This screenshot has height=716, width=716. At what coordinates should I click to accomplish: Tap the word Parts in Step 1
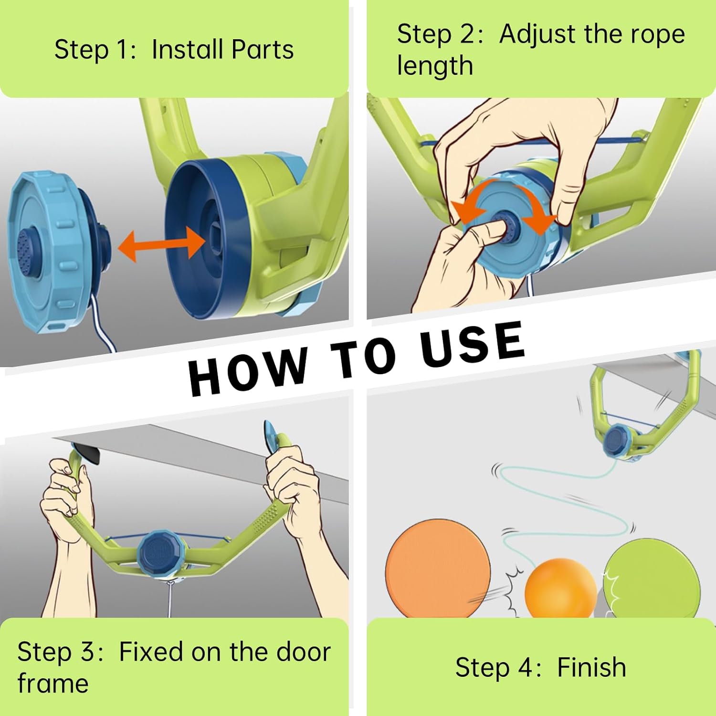coord(263,50)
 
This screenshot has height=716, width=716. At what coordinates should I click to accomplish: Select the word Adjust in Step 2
coord(537,34)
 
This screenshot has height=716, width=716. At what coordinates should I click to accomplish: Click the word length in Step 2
coord(435,66)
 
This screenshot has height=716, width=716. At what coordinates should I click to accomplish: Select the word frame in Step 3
coord(53,684)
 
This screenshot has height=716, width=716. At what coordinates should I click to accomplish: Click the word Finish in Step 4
coord(591,667)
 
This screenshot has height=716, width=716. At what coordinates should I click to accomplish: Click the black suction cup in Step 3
coord(87,453)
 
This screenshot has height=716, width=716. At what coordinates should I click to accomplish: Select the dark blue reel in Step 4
coord(616,441)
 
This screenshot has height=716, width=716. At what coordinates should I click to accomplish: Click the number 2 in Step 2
coord(463,34)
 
